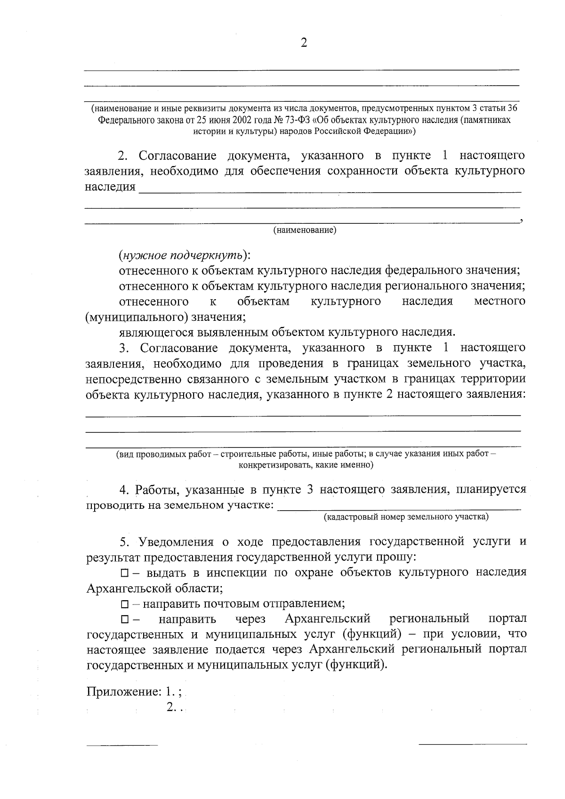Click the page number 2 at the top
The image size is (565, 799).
coord(303,43)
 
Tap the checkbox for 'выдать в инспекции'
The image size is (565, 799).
coord(124,573)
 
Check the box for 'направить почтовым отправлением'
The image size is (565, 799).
coord(124,604)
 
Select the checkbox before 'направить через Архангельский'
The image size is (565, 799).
coord(124,619)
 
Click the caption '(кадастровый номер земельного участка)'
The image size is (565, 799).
coord(406,517)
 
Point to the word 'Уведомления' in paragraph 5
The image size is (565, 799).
coord(176,541)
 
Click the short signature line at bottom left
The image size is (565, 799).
coord(122,745)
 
